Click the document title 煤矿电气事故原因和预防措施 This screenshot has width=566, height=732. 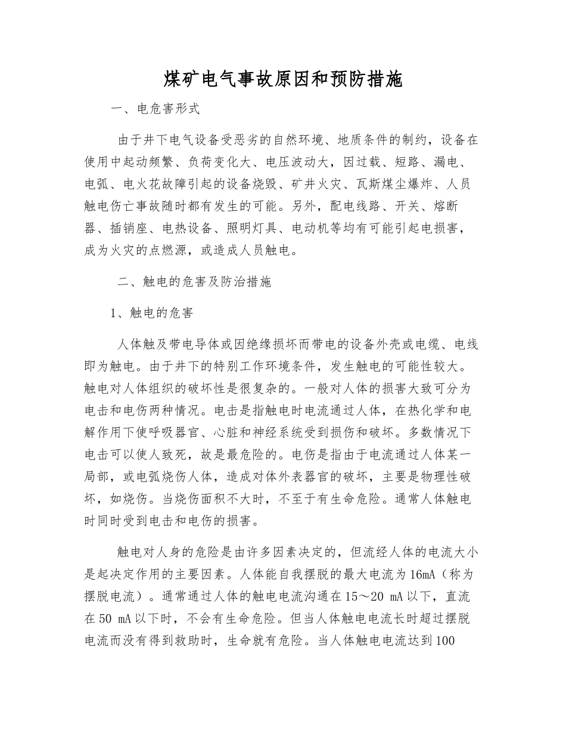click(x=283, y=79)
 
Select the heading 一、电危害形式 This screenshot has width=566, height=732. click(x=156, y=110)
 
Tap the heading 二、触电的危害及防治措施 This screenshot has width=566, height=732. click(x=194, y=281)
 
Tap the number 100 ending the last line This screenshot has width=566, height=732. click(x=446, y=641)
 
